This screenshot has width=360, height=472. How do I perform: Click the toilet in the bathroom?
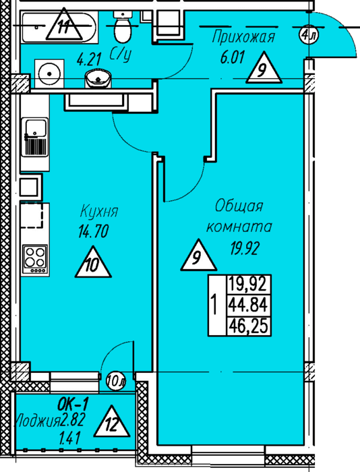point(123,26)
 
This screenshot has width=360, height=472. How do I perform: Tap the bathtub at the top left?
point(59,27)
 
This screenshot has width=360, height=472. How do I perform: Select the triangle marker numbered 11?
point(64,25)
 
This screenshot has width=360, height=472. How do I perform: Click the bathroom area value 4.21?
point(89,59)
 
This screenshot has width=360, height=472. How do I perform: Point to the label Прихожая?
point(243,37)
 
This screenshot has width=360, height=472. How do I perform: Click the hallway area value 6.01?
point(233,57)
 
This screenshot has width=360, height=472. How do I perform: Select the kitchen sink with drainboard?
point(35,137)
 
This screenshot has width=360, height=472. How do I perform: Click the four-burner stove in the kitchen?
point(36,260)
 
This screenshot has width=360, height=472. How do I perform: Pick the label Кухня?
point(99,212)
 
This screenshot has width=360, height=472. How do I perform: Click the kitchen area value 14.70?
point(93,231)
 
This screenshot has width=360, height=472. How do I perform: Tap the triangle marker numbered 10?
point(93,262)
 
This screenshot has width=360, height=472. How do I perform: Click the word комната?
point(239,227)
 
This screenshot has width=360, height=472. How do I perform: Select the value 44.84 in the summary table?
point(248,305)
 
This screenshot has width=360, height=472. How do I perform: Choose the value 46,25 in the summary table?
point(248,326)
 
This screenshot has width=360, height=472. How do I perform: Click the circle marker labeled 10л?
point(116,381)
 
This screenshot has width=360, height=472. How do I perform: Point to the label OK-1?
point(73,405)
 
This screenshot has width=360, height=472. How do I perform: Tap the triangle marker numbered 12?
point(112,421)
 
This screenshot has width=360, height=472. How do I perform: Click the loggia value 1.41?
point(70,439)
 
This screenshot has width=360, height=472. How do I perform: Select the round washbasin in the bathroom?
point(98,79)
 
